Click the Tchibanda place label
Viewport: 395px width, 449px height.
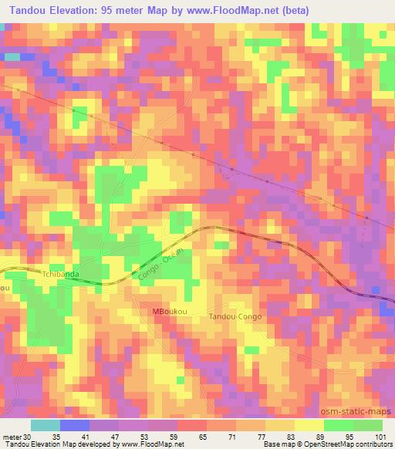62,273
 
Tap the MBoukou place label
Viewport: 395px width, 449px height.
171,311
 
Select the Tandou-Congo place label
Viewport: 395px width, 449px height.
236,317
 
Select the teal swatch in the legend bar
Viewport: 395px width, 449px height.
45,425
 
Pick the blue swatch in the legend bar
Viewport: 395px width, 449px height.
74,425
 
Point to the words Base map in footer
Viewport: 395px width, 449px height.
275,444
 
